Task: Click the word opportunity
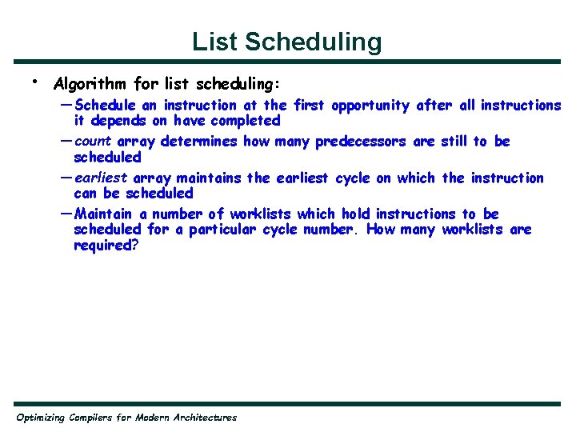tap(370, 106)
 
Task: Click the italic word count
tap(93, 142)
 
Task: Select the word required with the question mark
tap(106, 246)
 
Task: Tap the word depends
tap(116, 121)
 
